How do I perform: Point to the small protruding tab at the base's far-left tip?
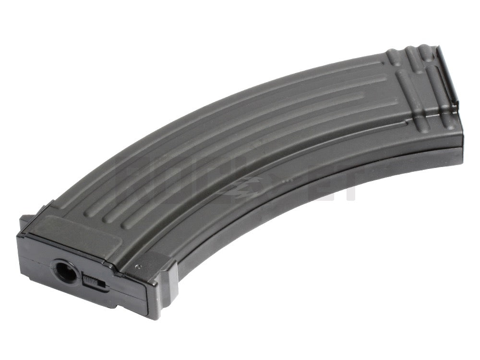pos(24,222)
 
